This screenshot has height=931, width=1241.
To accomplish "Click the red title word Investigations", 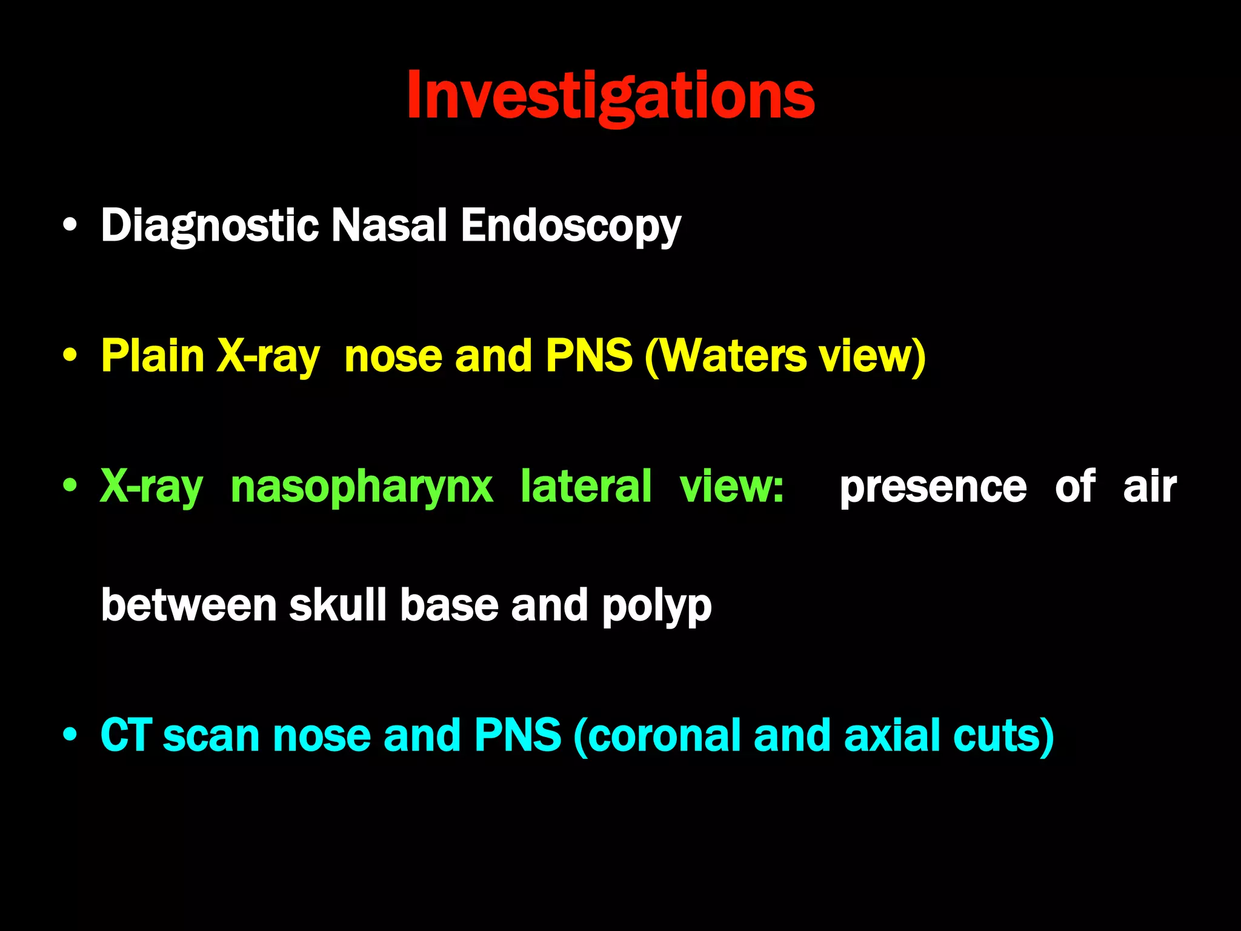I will pos(611,96).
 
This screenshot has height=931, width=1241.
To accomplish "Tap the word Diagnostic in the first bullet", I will pos(210,225).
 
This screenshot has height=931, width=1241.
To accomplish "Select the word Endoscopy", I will pos(571,225).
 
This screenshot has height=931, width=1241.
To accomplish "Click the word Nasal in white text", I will pos(389,225).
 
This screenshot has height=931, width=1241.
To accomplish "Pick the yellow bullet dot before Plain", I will pos(70,356).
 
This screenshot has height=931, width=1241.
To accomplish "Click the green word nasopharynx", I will pos(362,486).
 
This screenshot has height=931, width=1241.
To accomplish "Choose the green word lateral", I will pos(586,486).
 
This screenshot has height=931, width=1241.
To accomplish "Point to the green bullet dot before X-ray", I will pos(70,486).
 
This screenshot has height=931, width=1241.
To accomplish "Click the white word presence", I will pos(933,486).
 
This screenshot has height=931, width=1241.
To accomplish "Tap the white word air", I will pos(1150,486).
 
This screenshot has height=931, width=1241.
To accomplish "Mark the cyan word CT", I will pos(126,735).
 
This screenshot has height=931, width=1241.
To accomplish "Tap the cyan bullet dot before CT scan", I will pos(70,736).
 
